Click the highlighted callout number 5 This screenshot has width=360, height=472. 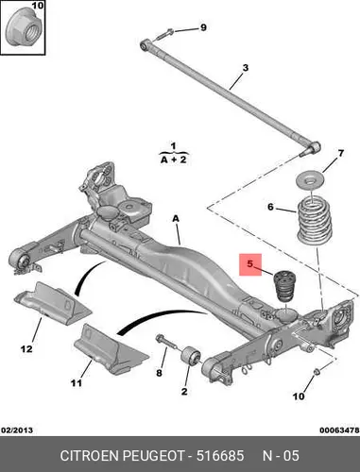(250, 263)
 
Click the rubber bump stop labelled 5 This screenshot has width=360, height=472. (285, 287)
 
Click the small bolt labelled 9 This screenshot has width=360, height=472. (164, 34)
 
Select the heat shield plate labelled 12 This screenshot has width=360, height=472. (52, 303)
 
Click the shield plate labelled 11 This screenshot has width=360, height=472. (111, 348)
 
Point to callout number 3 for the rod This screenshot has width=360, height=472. (246, 68)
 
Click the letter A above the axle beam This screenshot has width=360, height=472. (176, 218)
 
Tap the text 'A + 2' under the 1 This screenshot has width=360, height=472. (174, 160)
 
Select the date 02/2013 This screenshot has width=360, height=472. (17, 430)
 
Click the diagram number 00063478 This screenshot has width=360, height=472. (339, 430)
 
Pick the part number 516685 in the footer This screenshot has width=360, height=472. (220, 456)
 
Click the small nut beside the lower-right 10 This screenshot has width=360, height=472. (317, 372)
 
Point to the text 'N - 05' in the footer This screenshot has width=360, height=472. (281, 456)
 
